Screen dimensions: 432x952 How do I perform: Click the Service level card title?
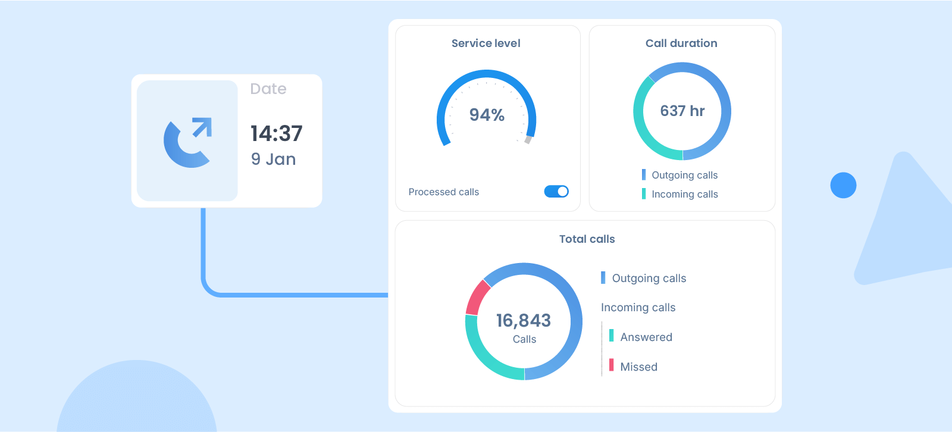click(x=486, y=43)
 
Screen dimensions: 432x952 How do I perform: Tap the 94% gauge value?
click(x=487, y=115)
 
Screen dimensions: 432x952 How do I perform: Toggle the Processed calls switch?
click(x=556, y=192)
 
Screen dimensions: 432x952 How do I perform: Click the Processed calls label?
click(x=443, y=192)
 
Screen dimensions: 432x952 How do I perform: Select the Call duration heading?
click(x=681, y=43)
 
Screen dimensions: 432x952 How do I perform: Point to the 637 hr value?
click(x=682, y=111)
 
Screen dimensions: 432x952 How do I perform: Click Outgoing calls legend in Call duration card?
click(x=684, y=175)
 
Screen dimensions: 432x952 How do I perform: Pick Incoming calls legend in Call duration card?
click(x=684, y=195)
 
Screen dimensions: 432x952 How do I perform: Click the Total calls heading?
click(x=587, y=239)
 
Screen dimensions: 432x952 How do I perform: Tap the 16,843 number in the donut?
click(x=524, y=321)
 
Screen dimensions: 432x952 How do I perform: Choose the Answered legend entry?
click(x=646, y=337)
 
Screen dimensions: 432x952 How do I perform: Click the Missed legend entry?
click(x=638, y=367)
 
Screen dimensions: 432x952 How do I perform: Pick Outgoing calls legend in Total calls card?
click(x=649, y=278)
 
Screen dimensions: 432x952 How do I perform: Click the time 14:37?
click(x=276, y=134)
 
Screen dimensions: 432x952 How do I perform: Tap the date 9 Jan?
click(x=273, y=159)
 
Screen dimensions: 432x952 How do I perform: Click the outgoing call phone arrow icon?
click(x=188, y=142)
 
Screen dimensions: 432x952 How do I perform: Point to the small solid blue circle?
click(x=843, y=186)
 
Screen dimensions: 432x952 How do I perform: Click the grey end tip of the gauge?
click(x=528, y=140)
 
